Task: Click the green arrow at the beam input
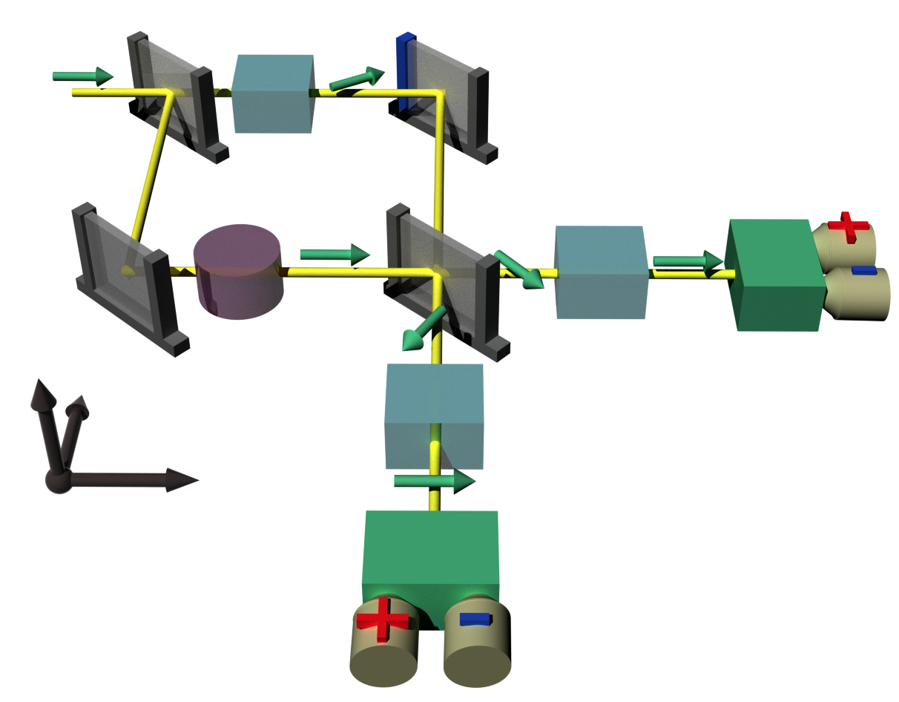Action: [82, 76]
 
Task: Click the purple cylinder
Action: [238, 272]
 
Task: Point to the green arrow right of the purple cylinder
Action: [335, 254]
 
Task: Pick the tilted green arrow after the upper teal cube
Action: [357, 78]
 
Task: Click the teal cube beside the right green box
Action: [601, 272]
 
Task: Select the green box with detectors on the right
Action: [776, 275]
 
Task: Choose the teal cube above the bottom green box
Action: [434, 416]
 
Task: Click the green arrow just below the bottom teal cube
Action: [434, 481]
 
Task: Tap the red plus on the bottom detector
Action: [382, 620]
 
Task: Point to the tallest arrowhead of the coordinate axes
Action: [42, 393]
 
